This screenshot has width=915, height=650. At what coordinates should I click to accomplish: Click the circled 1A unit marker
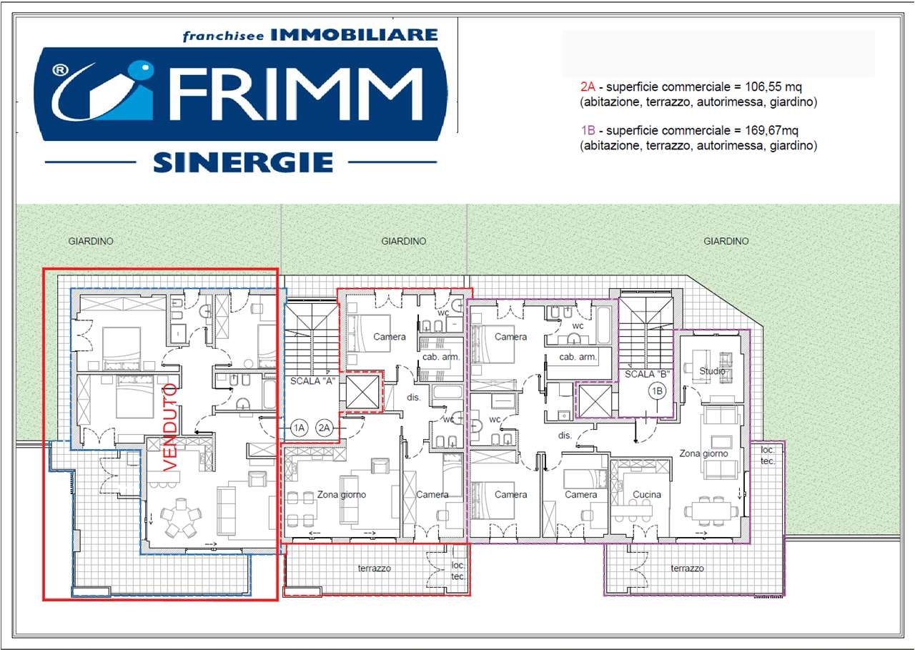(299, 428)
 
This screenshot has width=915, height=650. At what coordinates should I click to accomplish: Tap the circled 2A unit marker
(324, 428)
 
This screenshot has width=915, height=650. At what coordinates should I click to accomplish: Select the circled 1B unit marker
(657, 391)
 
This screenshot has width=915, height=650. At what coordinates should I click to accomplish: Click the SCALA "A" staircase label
(312, 380)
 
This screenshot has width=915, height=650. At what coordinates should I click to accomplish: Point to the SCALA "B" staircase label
(647, 374)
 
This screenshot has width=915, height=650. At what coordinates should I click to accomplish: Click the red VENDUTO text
(170, 428)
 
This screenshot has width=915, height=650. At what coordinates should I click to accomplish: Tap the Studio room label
(712, 371)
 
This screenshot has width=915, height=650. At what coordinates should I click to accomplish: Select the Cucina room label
(647, 494)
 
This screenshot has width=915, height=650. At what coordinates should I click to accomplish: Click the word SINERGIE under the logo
(243, 162)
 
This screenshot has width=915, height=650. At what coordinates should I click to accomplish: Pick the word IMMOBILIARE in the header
(354, 35)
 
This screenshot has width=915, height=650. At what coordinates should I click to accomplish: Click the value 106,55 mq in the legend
(773, 87)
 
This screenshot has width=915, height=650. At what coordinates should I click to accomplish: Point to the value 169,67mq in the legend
(771, 130)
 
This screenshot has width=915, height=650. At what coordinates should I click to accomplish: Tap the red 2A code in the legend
(588, 87)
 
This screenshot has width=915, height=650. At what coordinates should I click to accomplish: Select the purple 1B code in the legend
(588, 130)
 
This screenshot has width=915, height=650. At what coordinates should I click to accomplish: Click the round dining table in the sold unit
(181, 517)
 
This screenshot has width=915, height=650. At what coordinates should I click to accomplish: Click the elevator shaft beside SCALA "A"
(362, 392)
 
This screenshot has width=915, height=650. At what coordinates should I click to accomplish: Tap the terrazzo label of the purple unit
(687, 568)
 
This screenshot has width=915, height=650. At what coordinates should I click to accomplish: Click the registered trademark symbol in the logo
(60, 71)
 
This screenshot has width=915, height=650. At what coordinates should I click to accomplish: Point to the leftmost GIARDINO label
(91, 241)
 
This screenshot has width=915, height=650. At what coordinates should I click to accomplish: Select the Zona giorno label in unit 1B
(703, 453)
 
